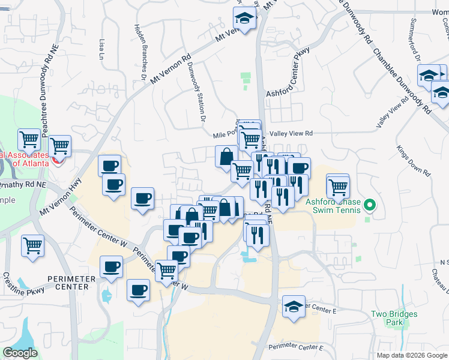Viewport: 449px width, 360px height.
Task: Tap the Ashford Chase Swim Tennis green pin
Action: coord(370,206)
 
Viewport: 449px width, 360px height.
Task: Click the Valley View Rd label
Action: coord(291,134)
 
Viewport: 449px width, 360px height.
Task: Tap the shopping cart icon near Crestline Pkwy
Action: coord(32,245)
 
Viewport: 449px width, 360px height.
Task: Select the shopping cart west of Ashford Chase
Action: coord(338,186)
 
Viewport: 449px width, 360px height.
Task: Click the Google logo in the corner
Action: coord(20,353)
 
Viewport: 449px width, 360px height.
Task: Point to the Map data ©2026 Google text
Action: coord(411,355)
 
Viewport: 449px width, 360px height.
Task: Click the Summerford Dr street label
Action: coord(414,42)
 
